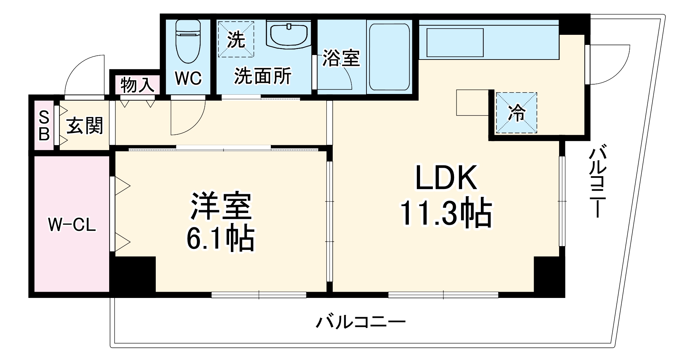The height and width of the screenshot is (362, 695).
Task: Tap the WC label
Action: [188, 79]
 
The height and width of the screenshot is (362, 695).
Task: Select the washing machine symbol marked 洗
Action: [236, 39]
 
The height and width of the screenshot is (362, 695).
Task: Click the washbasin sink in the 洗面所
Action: [289, 34]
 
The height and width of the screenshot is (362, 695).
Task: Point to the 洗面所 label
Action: [262, 76]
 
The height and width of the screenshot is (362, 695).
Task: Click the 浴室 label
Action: [341, 58]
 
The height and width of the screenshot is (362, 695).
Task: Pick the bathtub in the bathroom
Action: [389, 57]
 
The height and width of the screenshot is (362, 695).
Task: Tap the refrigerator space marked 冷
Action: [517, 113]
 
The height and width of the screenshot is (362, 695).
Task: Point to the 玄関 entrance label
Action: [85, 126]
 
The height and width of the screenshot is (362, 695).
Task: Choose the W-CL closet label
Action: [72, 225]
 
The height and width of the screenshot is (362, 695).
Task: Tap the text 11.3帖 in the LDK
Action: [446, 213]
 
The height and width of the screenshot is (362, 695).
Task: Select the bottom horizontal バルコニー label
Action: [360, 322]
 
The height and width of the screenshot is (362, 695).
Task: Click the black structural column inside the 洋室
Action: [132, 275]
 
